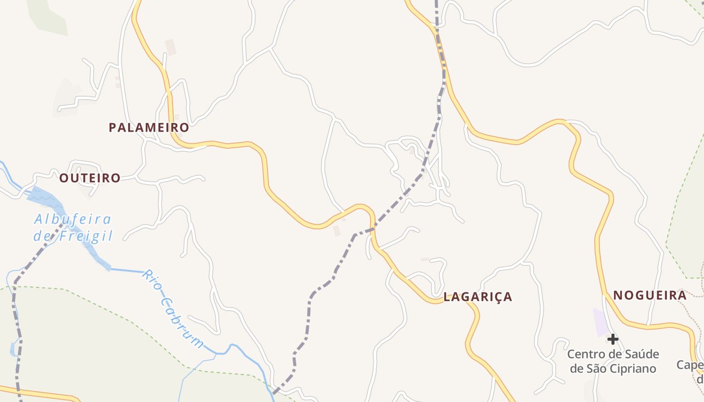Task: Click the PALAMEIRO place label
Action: click(x=149, y=128)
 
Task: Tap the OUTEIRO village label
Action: click(x=90, y=178)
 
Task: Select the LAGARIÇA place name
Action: click(x=478, y=297)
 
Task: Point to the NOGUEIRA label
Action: click(x=650, y=295)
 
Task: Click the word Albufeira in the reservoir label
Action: click(x=72, y=220)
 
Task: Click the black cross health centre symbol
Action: click(x=612, y=340)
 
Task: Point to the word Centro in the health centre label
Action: click(x=584, y=354)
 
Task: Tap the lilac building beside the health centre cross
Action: click(x=601, y=322)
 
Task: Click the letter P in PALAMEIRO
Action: click(x=113, y=128)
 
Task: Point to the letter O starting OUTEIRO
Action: click(x=64, y=178)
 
